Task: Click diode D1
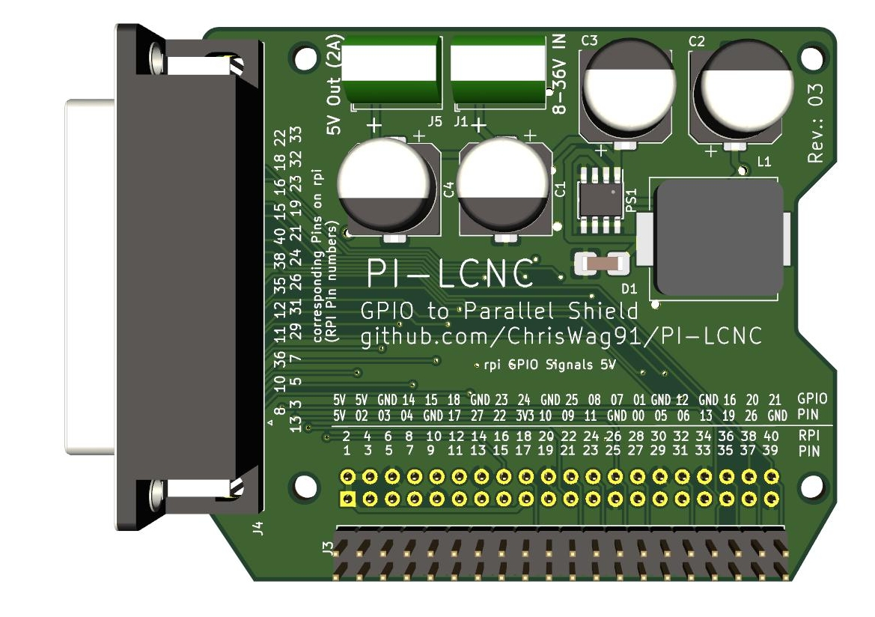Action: [x=600, y=264]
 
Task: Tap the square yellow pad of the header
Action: [x=347, y=499]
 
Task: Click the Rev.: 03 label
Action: [x=816, y=124]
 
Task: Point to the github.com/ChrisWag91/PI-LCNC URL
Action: [x=561, y=336]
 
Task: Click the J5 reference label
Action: [x=434, y=121]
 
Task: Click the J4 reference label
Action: [x=258, y=528]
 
